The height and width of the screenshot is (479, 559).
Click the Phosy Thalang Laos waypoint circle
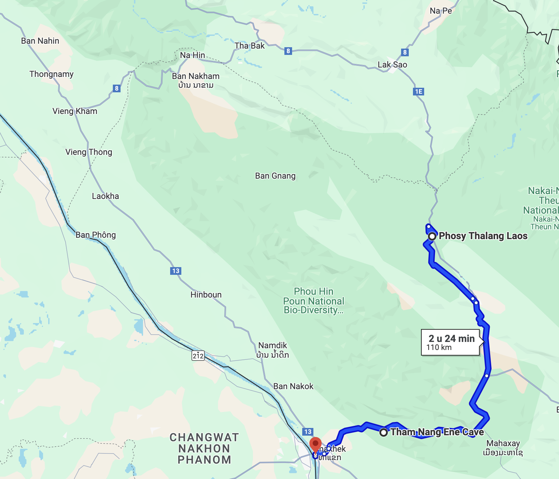point(432,236)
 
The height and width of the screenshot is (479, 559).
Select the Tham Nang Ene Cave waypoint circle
point(384,432)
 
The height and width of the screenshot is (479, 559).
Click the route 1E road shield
point(418,92)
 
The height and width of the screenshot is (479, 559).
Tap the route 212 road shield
point(198,356)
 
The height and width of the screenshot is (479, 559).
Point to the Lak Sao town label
point(392,65)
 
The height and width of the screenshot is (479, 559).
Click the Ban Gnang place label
point(275,176)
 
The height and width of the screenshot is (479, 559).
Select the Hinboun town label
point(206,295)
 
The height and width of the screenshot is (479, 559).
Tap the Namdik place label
point(273,345)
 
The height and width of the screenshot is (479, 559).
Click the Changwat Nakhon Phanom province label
point(204,449)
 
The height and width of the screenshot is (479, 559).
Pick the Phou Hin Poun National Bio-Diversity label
point(313,301)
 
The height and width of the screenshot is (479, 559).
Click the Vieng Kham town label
point(75,111)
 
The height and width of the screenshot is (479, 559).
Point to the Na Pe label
point(441,11)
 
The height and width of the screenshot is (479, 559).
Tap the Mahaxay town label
point(503,443)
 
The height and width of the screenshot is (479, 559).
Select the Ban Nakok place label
point(293,386)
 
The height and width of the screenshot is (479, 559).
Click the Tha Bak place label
point(249,46)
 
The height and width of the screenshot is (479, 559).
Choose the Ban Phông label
point(95,235)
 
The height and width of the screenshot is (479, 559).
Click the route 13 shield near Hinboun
point(176,271)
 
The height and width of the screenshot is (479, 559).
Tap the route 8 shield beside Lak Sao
point(405,52)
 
